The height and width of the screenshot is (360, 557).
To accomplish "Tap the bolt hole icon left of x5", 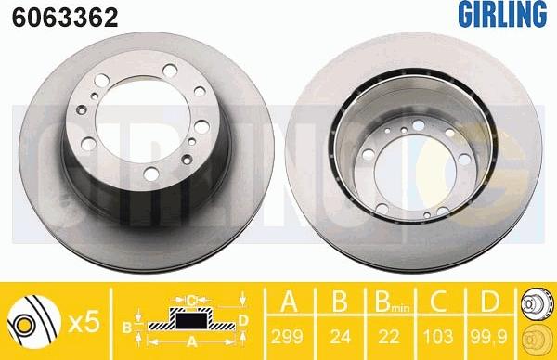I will click(32, 322).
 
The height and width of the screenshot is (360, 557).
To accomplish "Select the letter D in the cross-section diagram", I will click(242, 321).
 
